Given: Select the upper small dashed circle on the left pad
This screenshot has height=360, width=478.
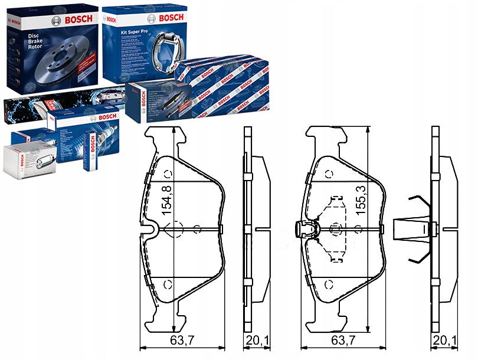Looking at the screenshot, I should (168, 174).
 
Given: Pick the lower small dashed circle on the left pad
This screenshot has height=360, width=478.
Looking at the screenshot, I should (168, 284).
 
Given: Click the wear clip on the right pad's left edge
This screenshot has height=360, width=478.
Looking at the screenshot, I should (303, 228).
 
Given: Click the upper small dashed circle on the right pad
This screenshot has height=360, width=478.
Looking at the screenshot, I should (329, 174).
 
